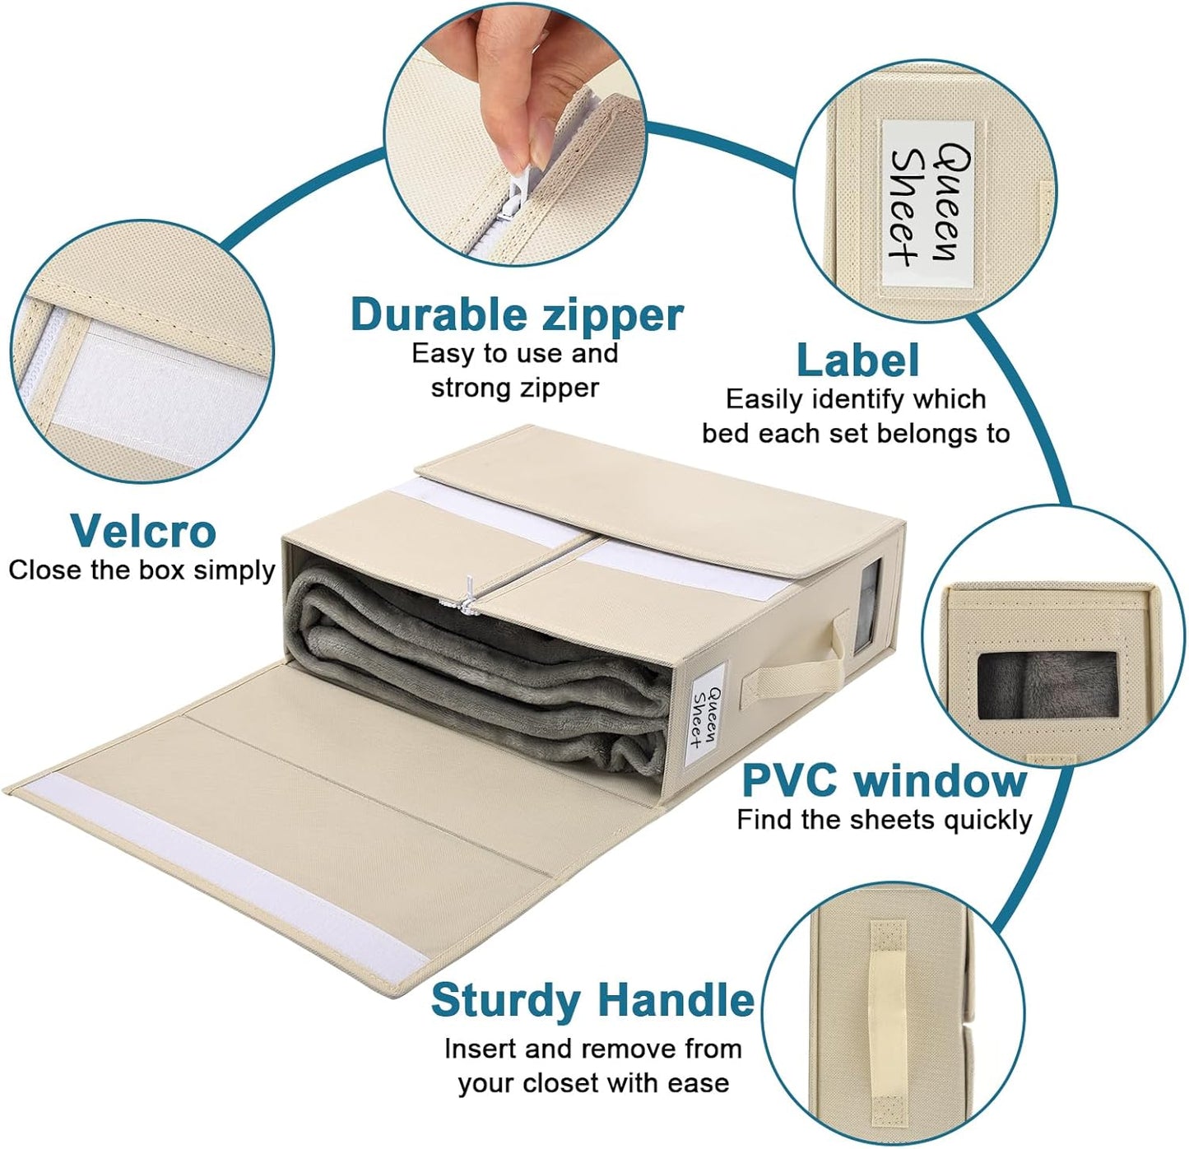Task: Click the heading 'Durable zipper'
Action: (517, 315)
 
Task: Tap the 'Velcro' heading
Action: (143, 531)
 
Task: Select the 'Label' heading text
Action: (857, 360)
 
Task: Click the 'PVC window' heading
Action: (884, 780)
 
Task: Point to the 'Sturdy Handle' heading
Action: (592, 1001)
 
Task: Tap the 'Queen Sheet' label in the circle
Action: (927, 203)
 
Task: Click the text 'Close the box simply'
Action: (142, 570)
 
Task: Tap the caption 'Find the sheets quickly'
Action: (884, 821)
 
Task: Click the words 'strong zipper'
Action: (515, 388)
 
